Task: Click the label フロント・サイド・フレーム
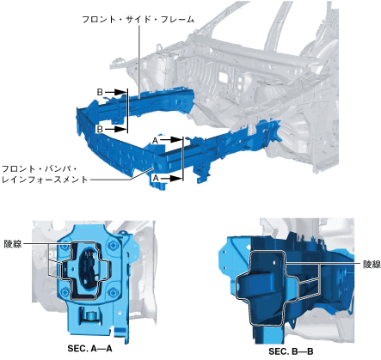(138, 20)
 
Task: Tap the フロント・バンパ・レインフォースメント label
(45, 174)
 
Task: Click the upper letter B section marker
(100, 92)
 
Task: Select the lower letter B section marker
(100, 129)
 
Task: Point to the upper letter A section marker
(155, 141)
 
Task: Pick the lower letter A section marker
(156, 178)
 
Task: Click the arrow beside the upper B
(116, 92)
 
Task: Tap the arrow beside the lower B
(116, 129)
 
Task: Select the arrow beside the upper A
(171, 140)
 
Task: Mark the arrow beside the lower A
(171, 179)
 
